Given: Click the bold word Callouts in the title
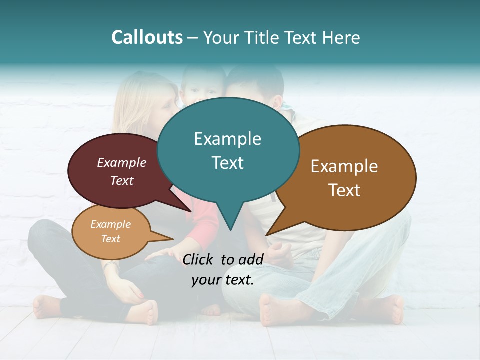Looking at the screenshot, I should (147, 37).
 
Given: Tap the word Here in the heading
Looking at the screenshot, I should (342, 37).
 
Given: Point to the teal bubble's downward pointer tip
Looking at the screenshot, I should (230, 229).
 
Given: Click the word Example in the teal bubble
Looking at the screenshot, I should (227, 139).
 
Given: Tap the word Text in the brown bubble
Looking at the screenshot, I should (344, 190).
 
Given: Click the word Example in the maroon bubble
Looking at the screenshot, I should (122, 162).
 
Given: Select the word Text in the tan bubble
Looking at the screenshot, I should (111, 239).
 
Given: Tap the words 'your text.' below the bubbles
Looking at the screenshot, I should (223, 280).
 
